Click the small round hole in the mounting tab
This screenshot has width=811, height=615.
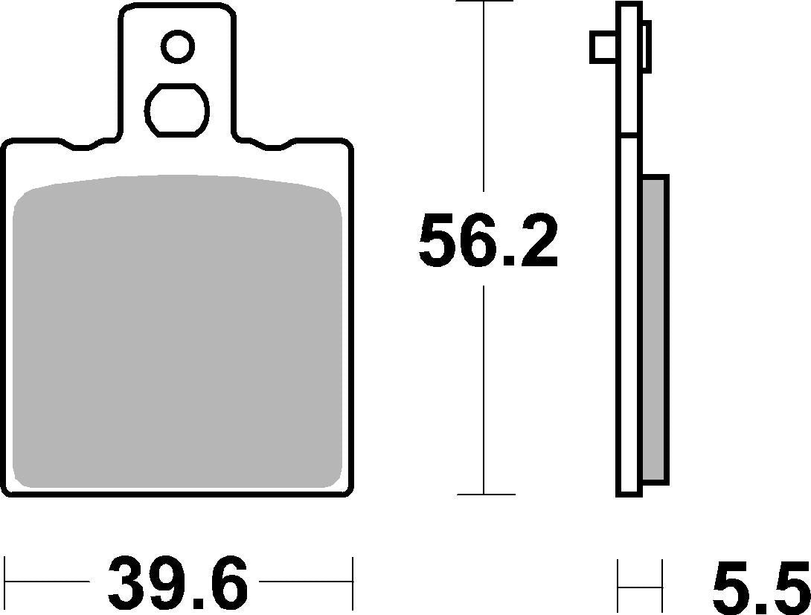coord(179,47)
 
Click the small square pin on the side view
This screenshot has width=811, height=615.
coord(602,48)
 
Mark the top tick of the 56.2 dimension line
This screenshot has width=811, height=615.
coord(484,2)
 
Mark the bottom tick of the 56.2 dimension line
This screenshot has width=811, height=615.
coord(484,495)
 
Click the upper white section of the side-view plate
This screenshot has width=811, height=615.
coord(629,71)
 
